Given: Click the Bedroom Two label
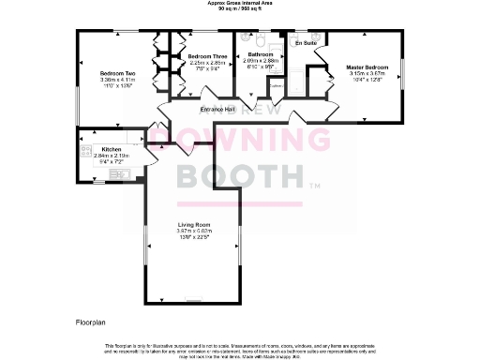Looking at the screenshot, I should click(x=119, y=72).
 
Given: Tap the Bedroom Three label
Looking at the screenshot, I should click(x=207, y=57).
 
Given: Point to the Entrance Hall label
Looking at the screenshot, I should click(x=217, y=111).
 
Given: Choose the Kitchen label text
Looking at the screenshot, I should click(x=112, y=150).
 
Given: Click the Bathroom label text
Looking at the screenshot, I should click(x=260, y=55).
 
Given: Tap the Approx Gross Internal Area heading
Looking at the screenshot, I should click(x=241, y=4).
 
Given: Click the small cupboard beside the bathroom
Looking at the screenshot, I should click(x=276, y=86).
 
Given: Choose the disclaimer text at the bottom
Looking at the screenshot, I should click(x=240, y=349).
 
